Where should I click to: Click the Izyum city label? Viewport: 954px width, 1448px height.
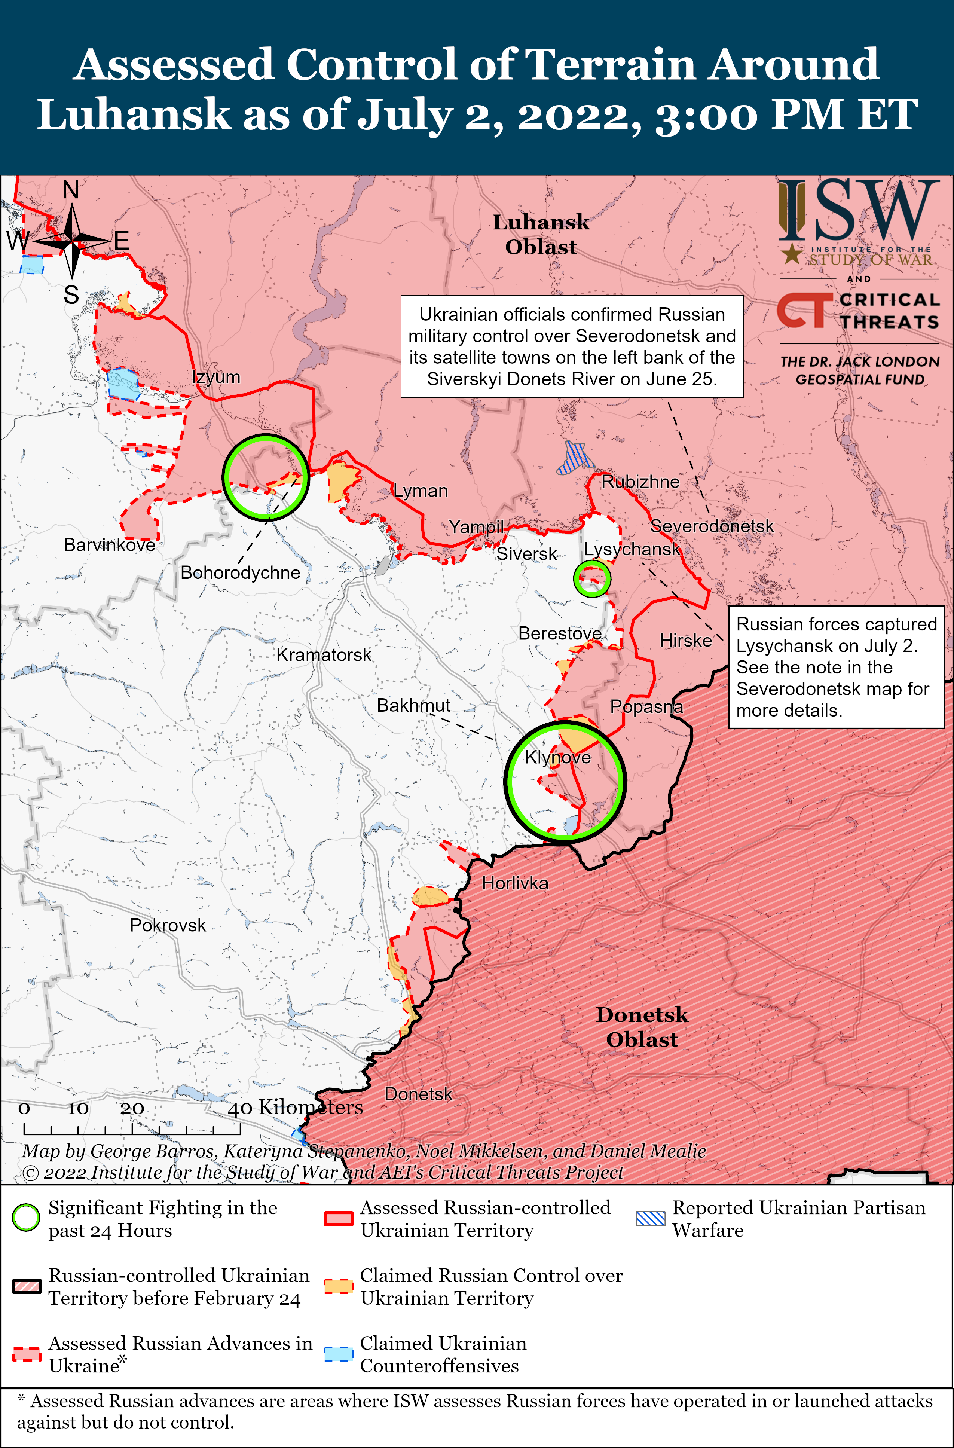pos(216,377)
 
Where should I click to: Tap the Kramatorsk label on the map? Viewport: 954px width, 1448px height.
pos(324,655)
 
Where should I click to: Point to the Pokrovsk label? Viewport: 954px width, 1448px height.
pos(168,925)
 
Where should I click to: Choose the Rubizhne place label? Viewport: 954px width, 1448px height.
pos(640,482)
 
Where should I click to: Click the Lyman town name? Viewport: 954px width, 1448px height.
pos(421,491)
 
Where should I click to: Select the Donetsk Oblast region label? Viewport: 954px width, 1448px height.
pos(642,1027)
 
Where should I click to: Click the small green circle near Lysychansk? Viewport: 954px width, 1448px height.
pos(592,578)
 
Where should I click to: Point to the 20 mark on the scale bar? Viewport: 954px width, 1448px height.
pos(132,1109)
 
